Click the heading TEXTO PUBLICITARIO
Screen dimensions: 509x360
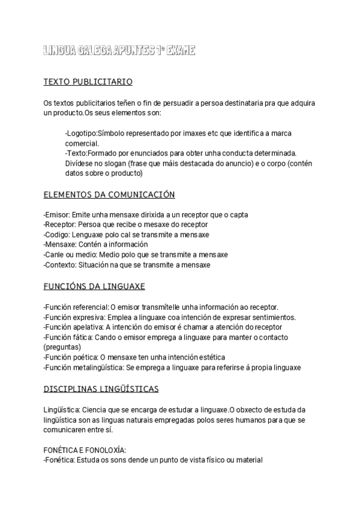(x=88, y=82)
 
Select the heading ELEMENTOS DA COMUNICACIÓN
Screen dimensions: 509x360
(x=109, y=194)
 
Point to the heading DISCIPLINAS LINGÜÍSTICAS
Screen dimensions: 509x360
(x=101, y=389)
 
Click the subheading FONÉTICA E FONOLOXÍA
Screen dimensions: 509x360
(x=85, y=450)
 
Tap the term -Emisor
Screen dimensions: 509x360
(x=56, y=214)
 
